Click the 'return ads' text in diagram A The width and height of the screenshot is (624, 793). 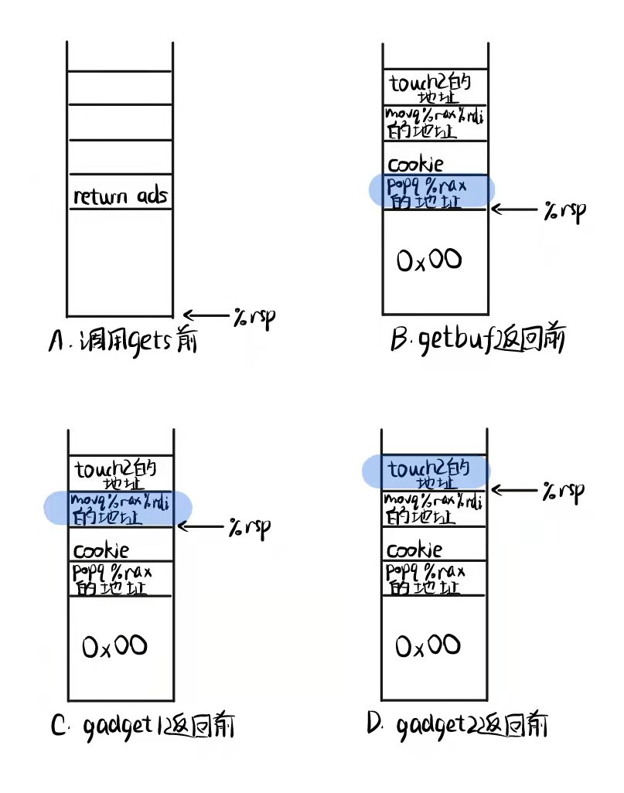120,196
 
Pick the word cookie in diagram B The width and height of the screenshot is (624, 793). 416,164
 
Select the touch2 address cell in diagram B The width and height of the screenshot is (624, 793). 429,87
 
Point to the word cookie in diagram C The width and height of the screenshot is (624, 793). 101,550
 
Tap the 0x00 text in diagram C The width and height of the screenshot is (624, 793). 114,645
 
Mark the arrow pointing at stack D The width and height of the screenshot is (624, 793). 515,490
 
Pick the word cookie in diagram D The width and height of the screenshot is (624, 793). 414,550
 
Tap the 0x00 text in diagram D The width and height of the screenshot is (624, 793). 428,645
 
